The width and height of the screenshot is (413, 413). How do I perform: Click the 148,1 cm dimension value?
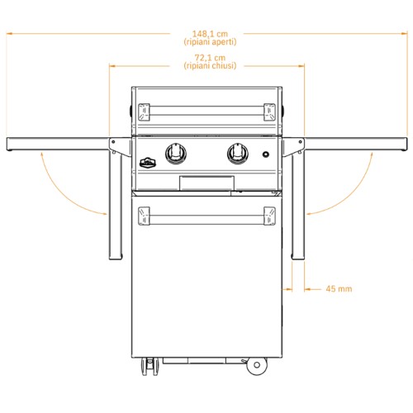[210, 34]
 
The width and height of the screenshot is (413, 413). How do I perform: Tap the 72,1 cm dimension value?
[210, 58]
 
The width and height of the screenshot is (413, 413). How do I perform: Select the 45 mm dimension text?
[339, 289]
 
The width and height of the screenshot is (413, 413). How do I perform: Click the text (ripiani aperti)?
[210, 42]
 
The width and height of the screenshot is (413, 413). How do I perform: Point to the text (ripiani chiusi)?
[210, 66]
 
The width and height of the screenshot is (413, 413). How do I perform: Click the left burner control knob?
[176, 154]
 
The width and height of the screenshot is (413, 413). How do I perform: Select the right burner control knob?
[238, 154]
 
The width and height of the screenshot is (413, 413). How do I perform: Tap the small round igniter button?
[265, 154]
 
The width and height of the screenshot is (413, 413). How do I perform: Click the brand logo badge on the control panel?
[148, 163]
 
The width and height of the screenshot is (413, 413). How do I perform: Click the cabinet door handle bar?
[206, 216]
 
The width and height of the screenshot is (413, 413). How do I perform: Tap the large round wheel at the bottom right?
[257, 365]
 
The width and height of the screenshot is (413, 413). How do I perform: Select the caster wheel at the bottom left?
[150, 366]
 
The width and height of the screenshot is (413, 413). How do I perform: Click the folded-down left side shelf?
[116, 205]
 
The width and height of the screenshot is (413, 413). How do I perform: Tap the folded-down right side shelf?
[298, 205]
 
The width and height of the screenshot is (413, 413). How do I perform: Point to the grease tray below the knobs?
[206, 183]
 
